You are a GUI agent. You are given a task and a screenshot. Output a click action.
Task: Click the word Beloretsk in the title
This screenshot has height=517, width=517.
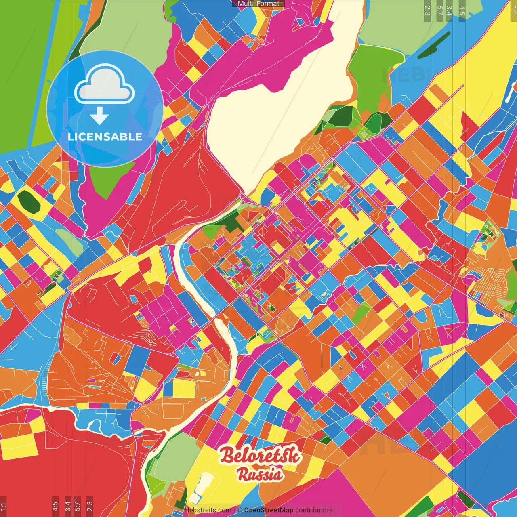[x=260, y=455]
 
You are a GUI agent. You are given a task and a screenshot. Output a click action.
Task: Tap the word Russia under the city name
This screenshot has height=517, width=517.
[x=260, y=474]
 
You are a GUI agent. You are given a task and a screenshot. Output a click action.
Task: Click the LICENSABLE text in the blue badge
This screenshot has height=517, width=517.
[x=105, y=137]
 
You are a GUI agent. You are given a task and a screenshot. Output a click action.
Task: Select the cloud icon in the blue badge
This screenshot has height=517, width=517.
[x=105, y=84]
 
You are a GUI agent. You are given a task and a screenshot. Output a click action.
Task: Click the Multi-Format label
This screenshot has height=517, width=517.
[x=258, y=4]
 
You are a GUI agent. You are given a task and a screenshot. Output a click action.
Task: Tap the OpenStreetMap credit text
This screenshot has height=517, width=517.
[x=268, y=510]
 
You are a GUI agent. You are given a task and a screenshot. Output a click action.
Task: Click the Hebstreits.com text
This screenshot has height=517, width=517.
[x=208, y=510]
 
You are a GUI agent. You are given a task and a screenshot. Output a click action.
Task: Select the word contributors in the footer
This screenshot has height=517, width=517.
[x=313, y=510]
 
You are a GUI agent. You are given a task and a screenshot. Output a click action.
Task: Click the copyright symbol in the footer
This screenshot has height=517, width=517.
[x=239, y=510]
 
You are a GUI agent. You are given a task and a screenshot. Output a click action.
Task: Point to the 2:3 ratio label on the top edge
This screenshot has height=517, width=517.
[x=427, y=10]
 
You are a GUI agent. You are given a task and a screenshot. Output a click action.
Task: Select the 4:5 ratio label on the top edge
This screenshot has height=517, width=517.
[x=462, y=10]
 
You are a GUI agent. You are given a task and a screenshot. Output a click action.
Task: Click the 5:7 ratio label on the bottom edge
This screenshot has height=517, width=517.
[x=78, y=506]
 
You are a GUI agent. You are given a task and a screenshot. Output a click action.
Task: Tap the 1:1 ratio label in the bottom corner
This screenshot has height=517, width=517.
[x=3, y=506]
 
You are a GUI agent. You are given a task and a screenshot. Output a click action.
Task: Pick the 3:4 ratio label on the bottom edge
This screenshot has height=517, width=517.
[x=68, y=506]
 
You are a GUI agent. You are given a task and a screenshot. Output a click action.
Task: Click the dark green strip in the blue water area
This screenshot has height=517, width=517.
[x=434, y=44]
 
